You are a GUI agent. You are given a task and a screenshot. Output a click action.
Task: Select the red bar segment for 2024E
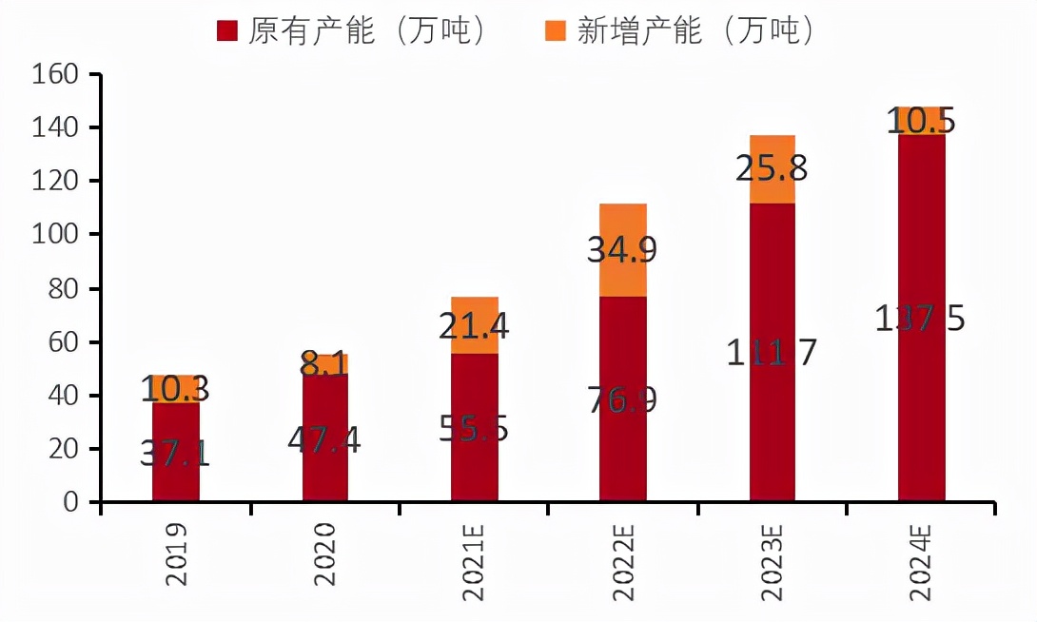922,399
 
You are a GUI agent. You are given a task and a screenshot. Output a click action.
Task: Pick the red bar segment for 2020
325,476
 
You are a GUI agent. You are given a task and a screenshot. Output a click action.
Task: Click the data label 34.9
622,250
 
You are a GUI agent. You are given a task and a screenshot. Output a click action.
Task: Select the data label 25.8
772,168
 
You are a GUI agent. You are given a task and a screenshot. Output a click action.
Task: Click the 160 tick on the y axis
60,74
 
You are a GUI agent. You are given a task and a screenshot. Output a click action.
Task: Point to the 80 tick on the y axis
68,288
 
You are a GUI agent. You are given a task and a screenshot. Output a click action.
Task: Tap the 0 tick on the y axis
80,502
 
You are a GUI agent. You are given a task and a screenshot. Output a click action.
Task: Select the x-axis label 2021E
475,561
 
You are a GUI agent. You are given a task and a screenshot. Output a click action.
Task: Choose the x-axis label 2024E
921,561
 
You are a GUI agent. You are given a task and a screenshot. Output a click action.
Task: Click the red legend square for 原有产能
226,31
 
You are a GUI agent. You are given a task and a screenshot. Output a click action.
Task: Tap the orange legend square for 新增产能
555,31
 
